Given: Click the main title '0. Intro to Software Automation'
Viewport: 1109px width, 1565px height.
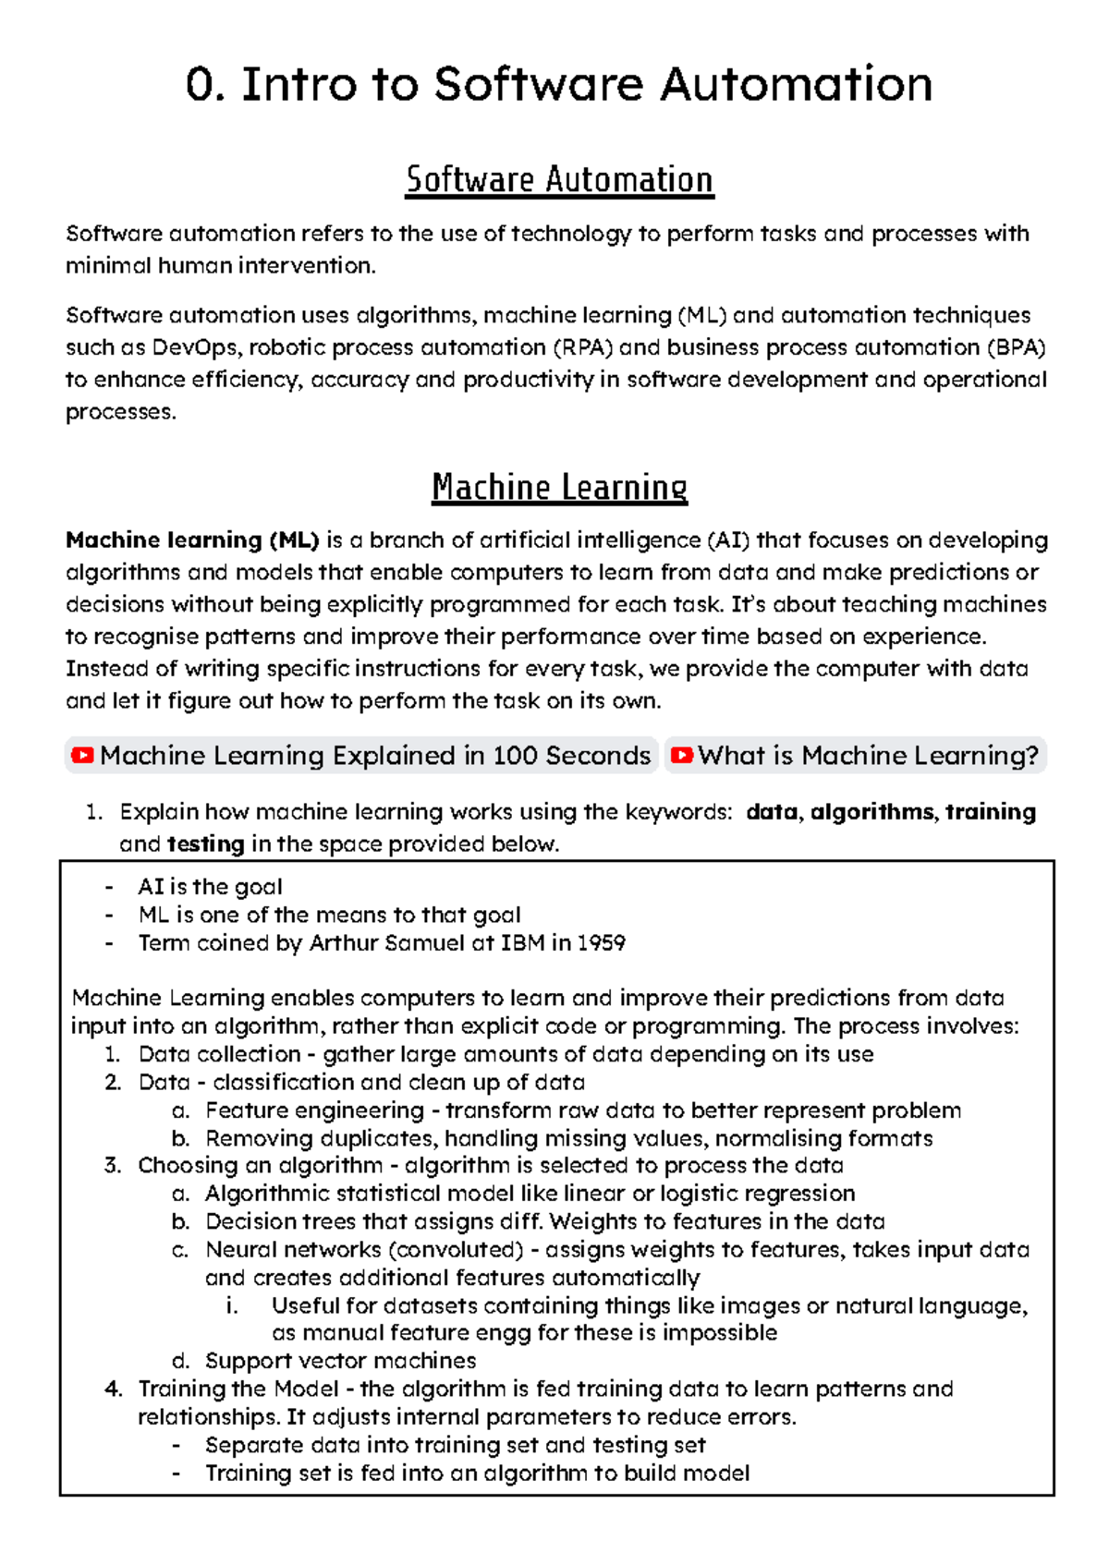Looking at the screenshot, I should coord(559,85).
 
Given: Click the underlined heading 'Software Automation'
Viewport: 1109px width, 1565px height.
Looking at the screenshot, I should coord(559,179).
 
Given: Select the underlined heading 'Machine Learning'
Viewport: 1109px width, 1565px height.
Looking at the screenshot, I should coord(559,487).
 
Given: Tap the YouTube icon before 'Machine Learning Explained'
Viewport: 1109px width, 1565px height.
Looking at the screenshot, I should coord(82,756).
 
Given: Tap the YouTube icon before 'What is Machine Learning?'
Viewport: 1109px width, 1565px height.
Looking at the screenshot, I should coord(681,756).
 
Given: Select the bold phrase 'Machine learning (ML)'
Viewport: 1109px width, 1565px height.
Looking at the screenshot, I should coord(192,540).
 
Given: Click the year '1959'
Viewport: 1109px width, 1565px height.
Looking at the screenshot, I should coord(602,943).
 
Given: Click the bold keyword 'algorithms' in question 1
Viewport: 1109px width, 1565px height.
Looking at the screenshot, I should coord(871,812).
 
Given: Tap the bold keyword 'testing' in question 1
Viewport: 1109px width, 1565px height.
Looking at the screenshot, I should coord(205,844).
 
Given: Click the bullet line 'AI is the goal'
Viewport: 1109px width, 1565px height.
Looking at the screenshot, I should coord(210,887).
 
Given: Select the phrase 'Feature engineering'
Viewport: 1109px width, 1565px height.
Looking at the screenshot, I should coord(314,1110).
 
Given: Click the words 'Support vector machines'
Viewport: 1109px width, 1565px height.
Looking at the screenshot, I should coord(340,1361).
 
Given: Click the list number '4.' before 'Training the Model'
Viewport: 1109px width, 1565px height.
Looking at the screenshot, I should coord(113,1389).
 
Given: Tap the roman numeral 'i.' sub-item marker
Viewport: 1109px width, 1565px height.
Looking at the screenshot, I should coord(232,1305).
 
